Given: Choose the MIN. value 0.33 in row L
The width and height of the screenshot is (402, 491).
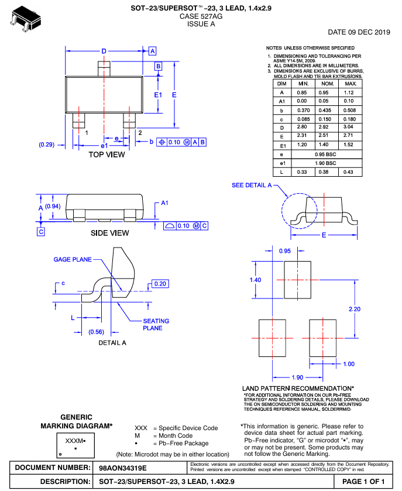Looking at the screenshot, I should coord(303,171).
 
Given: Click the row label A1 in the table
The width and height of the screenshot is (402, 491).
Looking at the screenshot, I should coord(281,101).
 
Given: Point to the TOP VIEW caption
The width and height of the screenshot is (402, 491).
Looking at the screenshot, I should coord(106,154).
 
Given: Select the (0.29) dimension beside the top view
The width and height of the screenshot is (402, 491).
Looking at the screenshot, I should coord(47,144).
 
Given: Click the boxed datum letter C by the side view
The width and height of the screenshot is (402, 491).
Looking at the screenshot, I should coord(41,232).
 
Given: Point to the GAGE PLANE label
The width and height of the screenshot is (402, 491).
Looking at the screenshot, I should coord(73,259).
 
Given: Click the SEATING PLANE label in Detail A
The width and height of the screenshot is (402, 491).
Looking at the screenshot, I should coord(156,324).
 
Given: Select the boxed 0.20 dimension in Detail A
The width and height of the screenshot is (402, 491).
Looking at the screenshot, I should coord(160,283).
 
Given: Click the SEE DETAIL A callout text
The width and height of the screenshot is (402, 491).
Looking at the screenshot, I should coord(252,185).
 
